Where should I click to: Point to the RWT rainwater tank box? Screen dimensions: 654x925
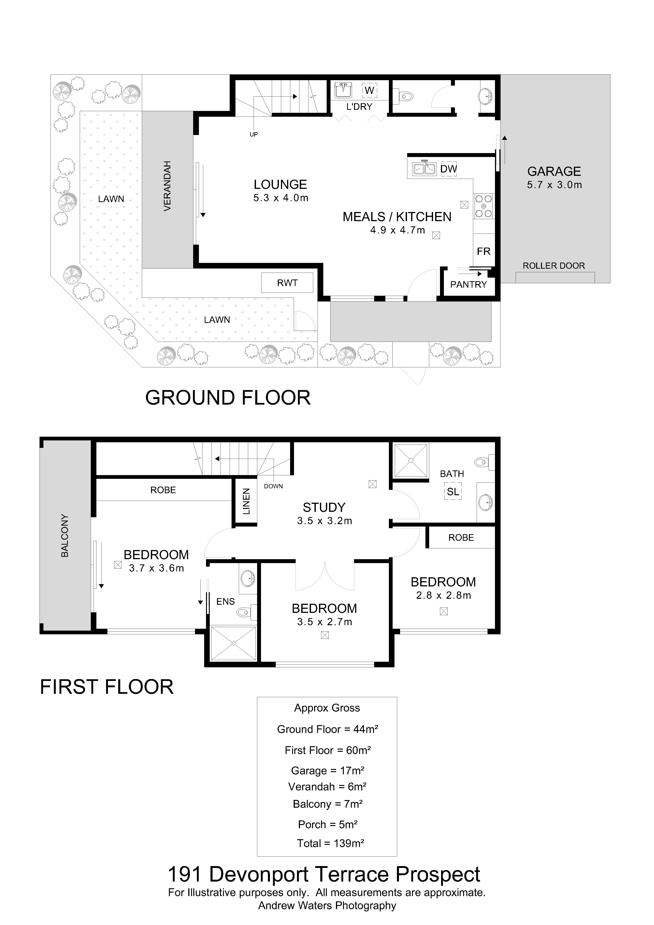point(287,283)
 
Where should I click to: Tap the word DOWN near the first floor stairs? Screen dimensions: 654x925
point(273,486)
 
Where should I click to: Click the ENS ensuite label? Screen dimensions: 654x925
point(226,602)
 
